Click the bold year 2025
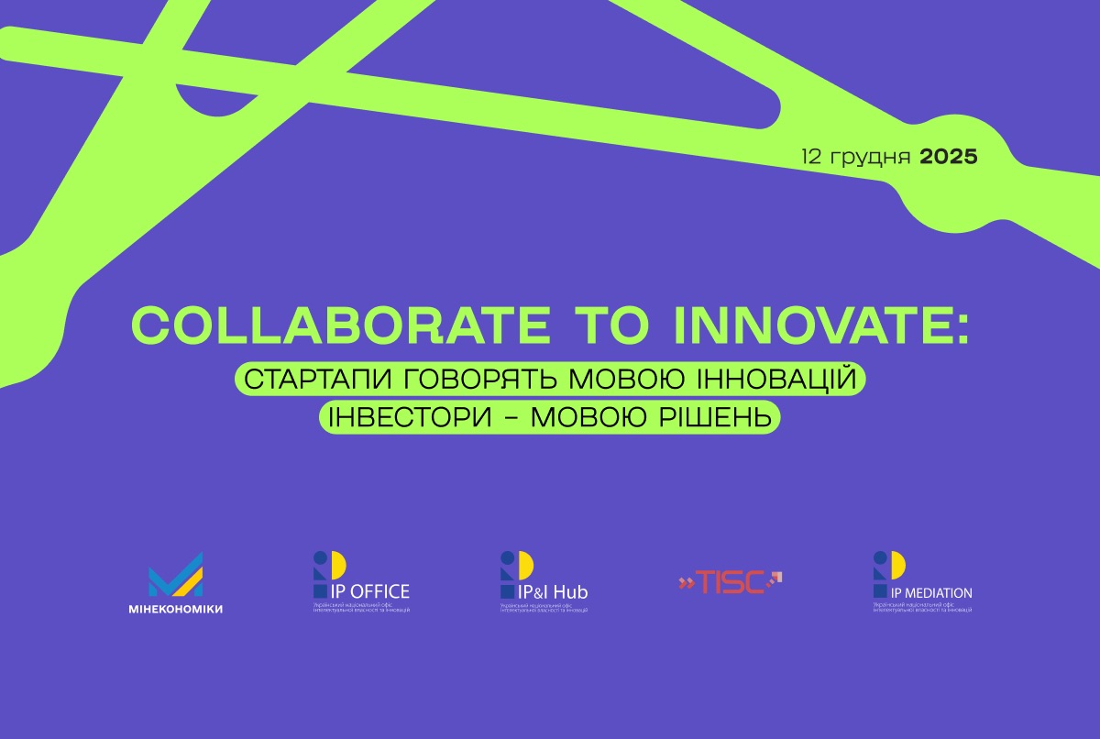(949, 157)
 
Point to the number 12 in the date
(812, 157)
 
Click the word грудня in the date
(870, 158)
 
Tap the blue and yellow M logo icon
(175, 576)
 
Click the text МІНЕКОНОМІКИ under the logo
(175, 610)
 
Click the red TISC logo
(730, 581)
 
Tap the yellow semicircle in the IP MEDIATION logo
(896, 563)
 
